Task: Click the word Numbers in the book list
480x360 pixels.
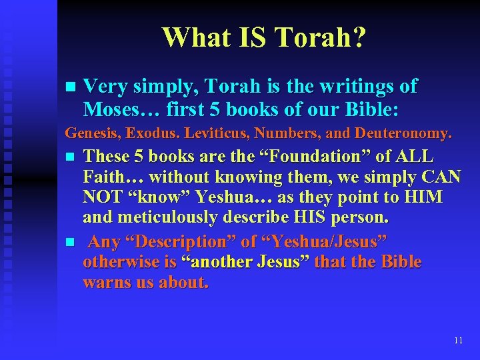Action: click(261, 134)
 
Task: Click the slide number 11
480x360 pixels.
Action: click(458, 340)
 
